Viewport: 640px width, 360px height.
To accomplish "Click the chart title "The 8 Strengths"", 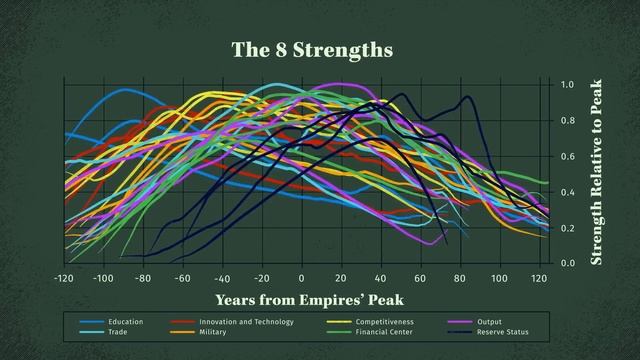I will point(311,49).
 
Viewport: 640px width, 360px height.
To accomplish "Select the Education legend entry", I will point(126,322).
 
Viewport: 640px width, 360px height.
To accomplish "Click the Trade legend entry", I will point(118,332).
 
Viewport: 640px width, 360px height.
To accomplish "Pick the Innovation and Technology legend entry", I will point(245,322).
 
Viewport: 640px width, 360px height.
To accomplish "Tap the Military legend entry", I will point(212,332).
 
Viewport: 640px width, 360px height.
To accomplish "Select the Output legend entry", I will point(489,322).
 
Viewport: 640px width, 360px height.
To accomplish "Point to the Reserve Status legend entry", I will point(503,332).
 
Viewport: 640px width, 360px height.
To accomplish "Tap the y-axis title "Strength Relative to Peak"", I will point(597,173).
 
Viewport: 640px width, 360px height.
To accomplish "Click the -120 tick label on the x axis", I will point(64,277).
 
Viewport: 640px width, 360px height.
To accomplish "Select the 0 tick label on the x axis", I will point(301,277).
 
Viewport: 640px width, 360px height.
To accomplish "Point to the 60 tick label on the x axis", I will point(419,277).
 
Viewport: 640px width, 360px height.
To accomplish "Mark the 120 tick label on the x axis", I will point(538,277).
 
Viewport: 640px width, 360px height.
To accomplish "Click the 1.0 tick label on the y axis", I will point(567,86).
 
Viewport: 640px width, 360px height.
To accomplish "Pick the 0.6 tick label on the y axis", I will point(567,157).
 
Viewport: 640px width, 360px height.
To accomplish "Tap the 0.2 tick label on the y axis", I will point(567,228).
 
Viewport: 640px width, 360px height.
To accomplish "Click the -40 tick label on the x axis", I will point(221,278).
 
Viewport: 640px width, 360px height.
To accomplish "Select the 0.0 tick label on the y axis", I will point(567,264).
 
